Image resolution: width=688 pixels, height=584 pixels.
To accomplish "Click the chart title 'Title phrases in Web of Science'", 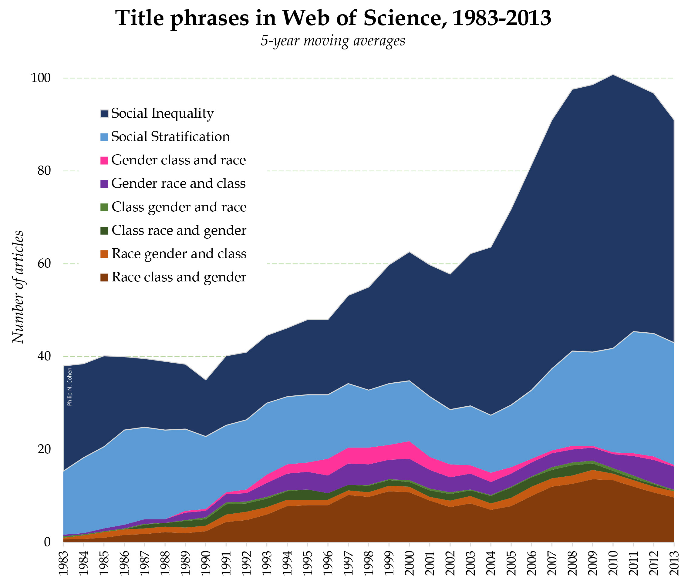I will [x=333, y=18].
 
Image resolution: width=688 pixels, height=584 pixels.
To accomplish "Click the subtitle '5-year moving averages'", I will [x=332, y=41].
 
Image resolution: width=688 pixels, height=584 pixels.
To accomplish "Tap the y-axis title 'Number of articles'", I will [x=19, y=287].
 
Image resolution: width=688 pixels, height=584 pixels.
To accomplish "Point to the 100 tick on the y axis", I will [x=41, y=78].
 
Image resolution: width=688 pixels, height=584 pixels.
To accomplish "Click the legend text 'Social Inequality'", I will [x=162, y=113].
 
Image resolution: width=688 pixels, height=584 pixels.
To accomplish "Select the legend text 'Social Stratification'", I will [x=170, y=137].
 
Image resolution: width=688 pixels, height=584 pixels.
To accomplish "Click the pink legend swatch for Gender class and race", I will [x=104, y=160].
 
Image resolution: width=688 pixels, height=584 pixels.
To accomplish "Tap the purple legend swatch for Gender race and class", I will [x=104, y=184].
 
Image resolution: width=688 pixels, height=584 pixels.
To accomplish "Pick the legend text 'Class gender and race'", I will [x=179, y=207].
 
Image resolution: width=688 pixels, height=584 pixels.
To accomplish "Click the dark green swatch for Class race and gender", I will [x=104, y=230].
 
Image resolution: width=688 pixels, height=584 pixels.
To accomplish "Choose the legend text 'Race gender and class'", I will [x=179, y=253].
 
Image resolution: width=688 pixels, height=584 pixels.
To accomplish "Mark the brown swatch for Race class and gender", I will [x=104, y=277].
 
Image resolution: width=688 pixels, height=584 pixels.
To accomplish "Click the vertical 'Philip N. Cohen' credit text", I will [x=69, y=387].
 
